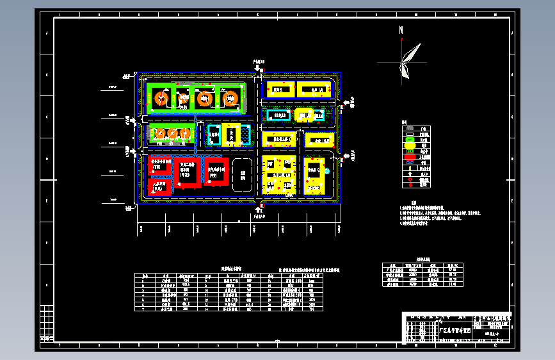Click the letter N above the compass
(401, 30)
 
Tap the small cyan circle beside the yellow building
(326, 171)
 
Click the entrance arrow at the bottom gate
(257, 209)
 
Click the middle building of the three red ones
(188, 172)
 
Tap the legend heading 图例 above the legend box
(404, 122)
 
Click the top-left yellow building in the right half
(279, 90)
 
